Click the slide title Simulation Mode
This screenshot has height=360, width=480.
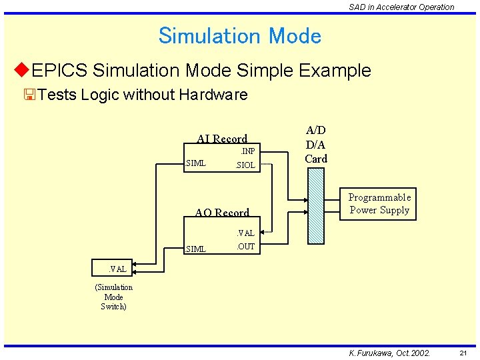(240, 35)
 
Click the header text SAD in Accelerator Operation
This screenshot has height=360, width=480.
(401, 7)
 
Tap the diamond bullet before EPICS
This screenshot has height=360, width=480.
(21, 70)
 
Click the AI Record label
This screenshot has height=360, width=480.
(222, 139)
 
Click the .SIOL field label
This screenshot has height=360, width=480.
(245, 165)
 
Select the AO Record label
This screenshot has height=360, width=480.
(222, 213)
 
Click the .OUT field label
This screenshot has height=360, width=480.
(245, 247)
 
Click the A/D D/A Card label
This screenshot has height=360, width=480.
(316, 145)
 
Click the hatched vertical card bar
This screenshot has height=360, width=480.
(316, 206)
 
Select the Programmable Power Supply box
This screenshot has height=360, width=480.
(379, 203)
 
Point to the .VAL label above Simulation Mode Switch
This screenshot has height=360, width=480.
(117, 269)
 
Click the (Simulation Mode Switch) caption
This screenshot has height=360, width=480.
(113, 297)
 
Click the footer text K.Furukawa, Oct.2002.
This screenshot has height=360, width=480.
(390, 353)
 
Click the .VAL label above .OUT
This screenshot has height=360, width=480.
(245, 233)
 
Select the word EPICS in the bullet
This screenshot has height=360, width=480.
(60, 70)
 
